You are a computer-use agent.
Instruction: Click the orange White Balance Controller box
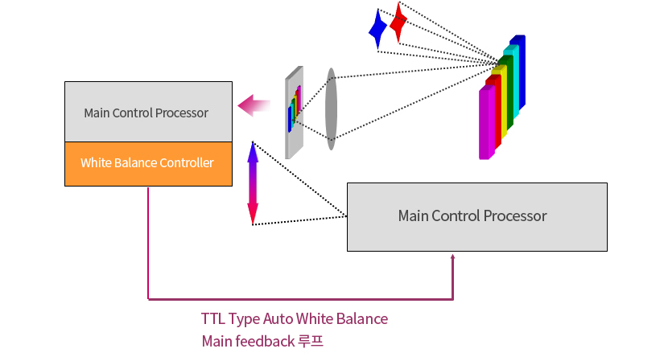[148, 164]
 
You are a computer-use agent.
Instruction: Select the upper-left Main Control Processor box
[148, 112]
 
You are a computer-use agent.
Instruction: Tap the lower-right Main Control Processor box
[476, 217]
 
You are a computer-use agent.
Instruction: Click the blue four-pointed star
[377, 29]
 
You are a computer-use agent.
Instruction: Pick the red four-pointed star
[398, 23]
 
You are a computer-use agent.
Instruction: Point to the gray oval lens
[331, 109]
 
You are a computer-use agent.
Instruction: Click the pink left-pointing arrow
[254, 105]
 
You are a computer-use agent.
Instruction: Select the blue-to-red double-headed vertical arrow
[253, 183]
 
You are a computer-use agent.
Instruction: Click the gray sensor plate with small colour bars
[294, 112]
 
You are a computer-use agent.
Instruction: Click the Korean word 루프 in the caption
[311, 341]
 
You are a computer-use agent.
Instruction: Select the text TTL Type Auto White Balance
[295, 318]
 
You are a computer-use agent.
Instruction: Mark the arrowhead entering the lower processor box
[452, 256]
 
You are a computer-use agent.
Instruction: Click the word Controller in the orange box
[187, 163]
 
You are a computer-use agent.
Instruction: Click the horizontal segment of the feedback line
[300, 299]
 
